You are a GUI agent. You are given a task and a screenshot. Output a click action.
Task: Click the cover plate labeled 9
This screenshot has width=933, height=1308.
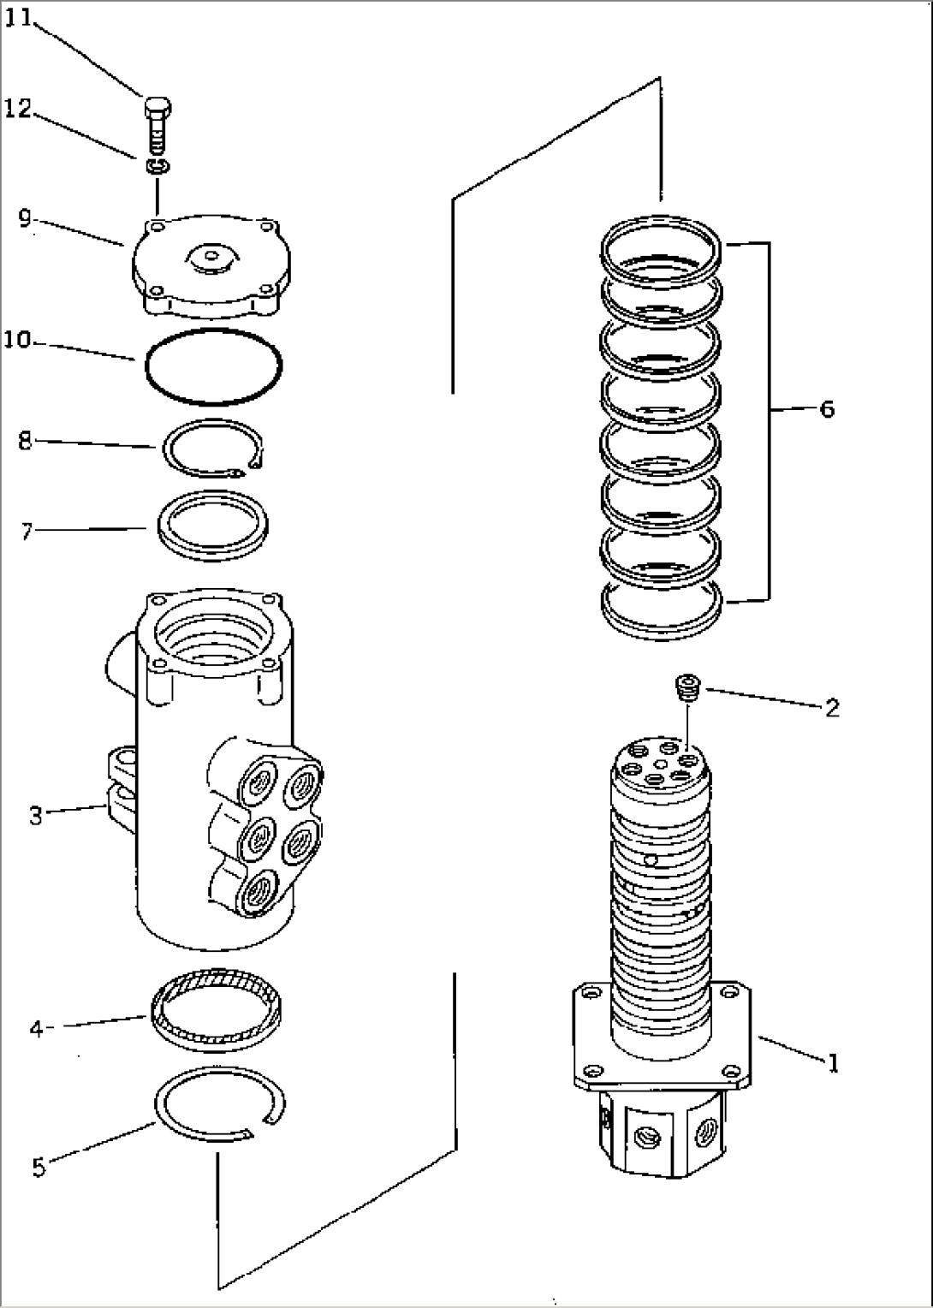pos(209,268)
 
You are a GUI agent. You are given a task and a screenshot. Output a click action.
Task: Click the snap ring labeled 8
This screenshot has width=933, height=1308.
pos(212,447)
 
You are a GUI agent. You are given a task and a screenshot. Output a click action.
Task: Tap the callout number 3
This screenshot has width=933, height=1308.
pos(35,816)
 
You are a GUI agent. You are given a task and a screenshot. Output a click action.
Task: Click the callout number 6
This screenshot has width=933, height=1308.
pos(826,409)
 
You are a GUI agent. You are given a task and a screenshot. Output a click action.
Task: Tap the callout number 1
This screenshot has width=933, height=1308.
pos(832,1063)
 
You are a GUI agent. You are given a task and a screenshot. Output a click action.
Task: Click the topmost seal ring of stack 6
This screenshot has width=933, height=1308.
pos(663,251)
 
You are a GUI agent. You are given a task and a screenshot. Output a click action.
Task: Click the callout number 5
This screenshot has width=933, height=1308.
pos(39,1167)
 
